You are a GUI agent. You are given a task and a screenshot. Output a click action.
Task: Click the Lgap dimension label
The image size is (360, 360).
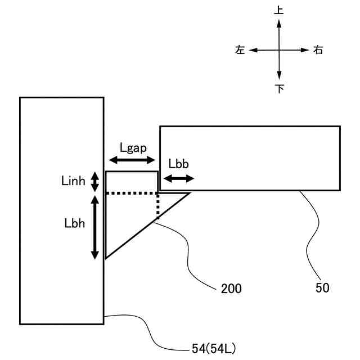click(133, 148)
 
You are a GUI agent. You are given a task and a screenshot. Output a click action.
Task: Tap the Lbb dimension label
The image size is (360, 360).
click(178, 164)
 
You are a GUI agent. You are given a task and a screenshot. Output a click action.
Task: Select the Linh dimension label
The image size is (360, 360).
click(73, 181)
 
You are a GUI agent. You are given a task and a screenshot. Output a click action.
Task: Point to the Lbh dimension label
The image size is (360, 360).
click(75, 222)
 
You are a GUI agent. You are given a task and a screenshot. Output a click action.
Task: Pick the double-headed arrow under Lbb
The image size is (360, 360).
click(178, 178)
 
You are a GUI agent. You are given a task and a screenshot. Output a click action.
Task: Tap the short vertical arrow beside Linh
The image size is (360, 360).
click(95, 181)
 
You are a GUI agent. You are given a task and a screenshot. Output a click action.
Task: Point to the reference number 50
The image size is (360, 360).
click(322, 288)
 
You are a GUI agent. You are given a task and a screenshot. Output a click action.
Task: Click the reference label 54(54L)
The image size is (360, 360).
click(214, 349)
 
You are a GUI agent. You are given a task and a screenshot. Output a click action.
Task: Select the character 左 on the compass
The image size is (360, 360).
click(240, 50)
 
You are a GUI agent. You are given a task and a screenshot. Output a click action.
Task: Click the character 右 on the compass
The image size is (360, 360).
click(318, 50)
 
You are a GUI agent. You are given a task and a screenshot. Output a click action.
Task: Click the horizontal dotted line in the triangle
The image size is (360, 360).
click(132, 193)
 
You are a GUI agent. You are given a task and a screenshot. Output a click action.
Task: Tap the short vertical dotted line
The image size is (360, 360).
click(158, 206)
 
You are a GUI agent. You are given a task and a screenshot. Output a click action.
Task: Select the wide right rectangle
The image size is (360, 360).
click(250, 157)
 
